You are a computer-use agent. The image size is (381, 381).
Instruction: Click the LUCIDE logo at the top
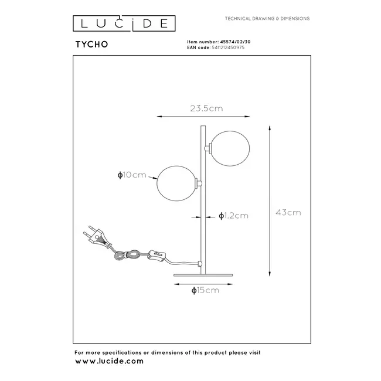[x=123, y=23]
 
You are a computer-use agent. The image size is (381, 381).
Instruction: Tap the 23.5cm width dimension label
[x=206, y=108]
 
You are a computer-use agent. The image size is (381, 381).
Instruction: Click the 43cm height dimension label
[x=288, y=212]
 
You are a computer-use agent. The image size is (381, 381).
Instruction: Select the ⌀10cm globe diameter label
[x=131, y=175]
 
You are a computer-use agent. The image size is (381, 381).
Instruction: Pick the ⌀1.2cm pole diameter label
[x=233, y=216]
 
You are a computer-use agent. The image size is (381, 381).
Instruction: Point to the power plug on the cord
[x=97, y=236]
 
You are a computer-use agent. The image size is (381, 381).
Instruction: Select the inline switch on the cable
[x=158, y=255]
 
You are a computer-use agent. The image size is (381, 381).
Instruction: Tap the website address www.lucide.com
[x=109, y=361]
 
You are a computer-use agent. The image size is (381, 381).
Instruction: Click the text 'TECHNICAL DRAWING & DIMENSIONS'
[x=267, y=19]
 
